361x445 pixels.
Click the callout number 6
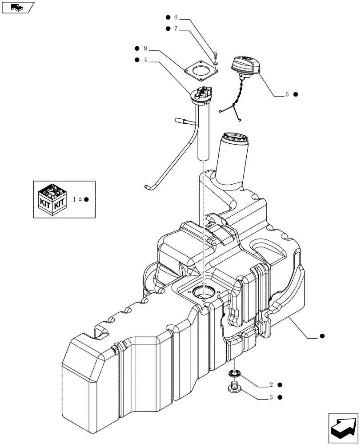pyautogui.click(x=175, y=17)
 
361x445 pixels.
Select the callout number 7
pyautogui.click(x=175, y=28)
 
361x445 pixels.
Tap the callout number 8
pyautogui.click(x=145, y=49)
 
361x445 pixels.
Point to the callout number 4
pyautogui.click(x=145, y=60)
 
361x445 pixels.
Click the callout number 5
pyautogui.click(x=287, y=94)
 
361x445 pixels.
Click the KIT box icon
pyautogui.click(x=52, y=199)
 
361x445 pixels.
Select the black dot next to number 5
pyautogui.click(x=296, y=94)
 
